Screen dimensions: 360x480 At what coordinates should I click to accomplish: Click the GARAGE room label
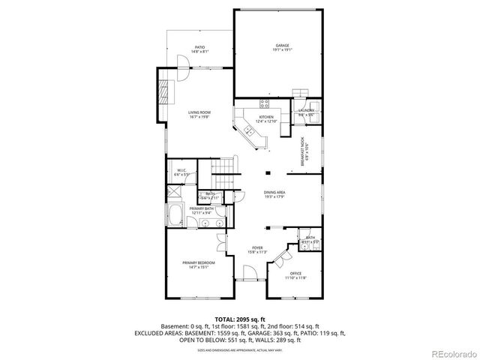pyautogui.click(x=282, y=47)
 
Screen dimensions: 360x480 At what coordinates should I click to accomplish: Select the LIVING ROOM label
pyautogui.click(x=199, y=114)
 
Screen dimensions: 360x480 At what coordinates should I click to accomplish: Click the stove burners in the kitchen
pyautogui.click(x=264, y=103)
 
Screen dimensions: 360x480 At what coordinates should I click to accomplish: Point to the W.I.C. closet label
pyautogui.click(x=181, y=172)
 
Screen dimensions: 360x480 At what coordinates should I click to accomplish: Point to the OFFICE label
pyautogui.click(x=295, y=274)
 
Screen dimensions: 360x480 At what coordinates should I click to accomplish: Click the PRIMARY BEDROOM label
pyautogui.click(x=199, y=264)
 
